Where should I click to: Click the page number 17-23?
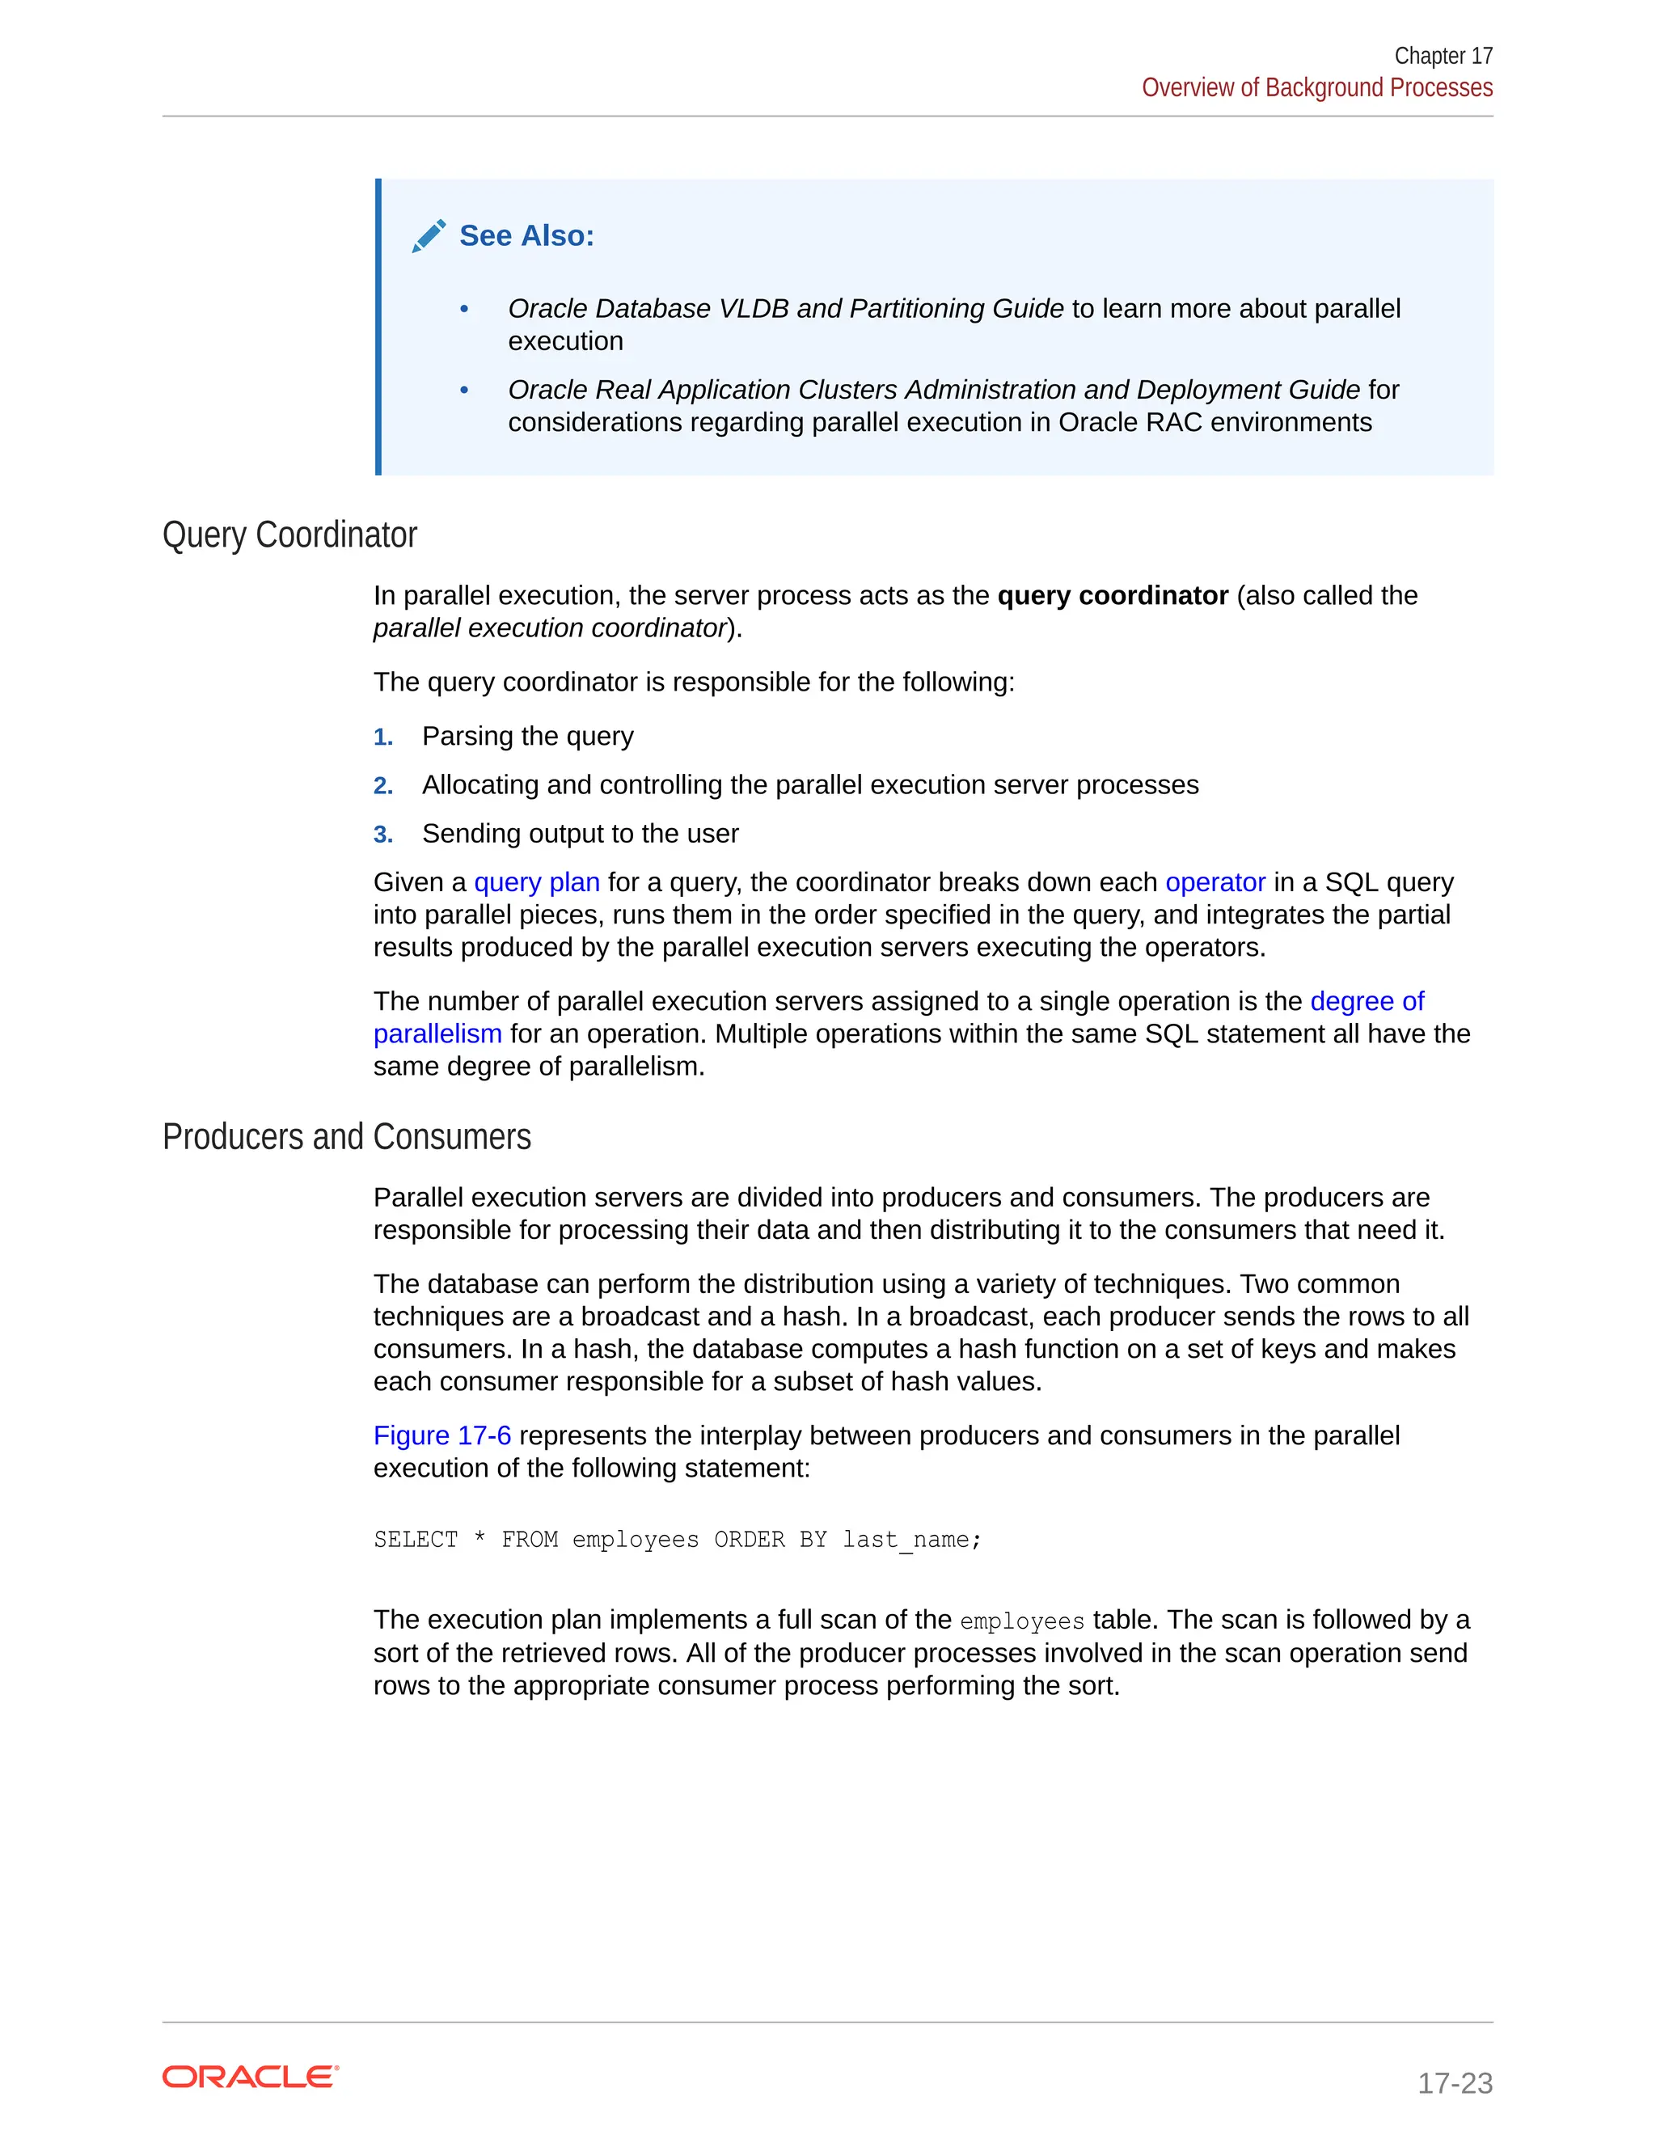point(1454,2082)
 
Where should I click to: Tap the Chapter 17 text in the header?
point(1443,56)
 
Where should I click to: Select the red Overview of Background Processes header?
point(1316,87)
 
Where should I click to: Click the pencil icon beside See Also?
point(429,236)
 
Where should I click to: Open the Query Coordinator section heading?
point(289,535)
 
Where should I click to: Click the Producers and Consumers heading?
point(346,1136)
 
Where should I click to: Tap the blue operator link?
point(1215,882)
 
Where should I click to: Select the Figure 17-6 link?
point(441,1435)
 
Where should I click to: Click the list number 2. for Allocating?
point(382,786)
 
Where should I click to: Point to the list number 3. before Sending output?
point(382,835)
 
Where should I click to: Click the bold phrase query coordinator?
point(1112,596)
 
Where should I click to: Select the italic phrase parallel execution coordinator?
point(549,628)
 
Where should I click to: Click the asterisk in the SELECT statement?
point(479,1540)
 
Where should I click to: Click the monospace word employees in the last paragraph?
point(1021,1621)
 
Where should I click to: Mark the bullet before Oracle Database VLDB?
point(464,309)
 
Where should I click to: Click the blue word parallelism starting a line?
point(437,1033)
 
